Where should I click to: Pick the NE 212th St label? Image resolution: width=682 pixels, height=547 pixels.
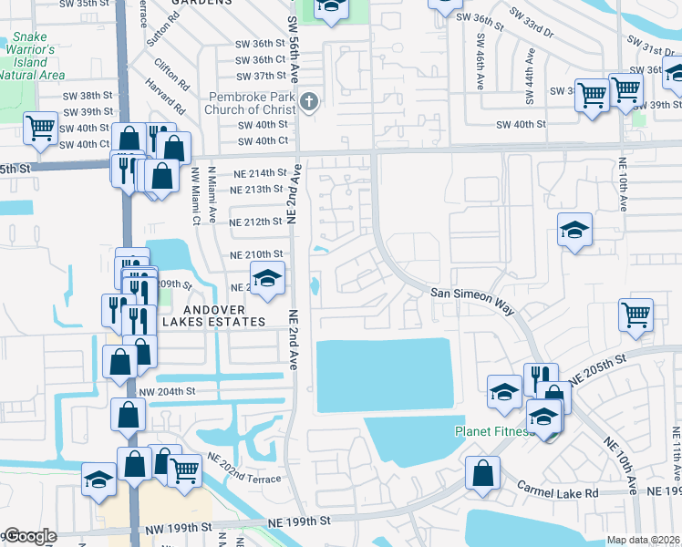click(x=256, y=222)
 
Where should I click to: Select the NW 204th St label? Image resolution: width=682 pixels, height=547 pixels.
click(x=167, y=391)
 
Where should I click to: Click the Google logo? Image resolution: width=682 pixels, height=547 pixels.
click(x=29, y=537)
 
